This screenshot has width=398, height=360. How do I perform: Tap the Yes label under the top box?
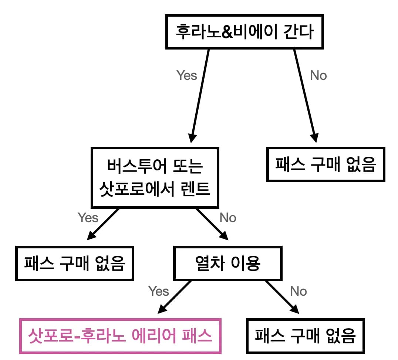click(187, 75)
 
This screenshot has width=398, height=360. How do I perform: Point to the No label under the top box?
click(318, 75)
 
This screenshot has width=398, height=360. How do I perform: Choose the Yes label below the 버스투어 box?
click(88, 218)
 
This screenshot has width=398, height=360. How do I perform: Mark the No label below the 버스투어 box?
click(228, 218)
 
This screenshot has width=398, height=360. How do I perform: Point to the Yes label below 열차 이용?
click(159, 291)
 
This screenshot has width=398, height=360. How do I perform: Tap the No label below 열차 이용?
click(298, 291)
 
